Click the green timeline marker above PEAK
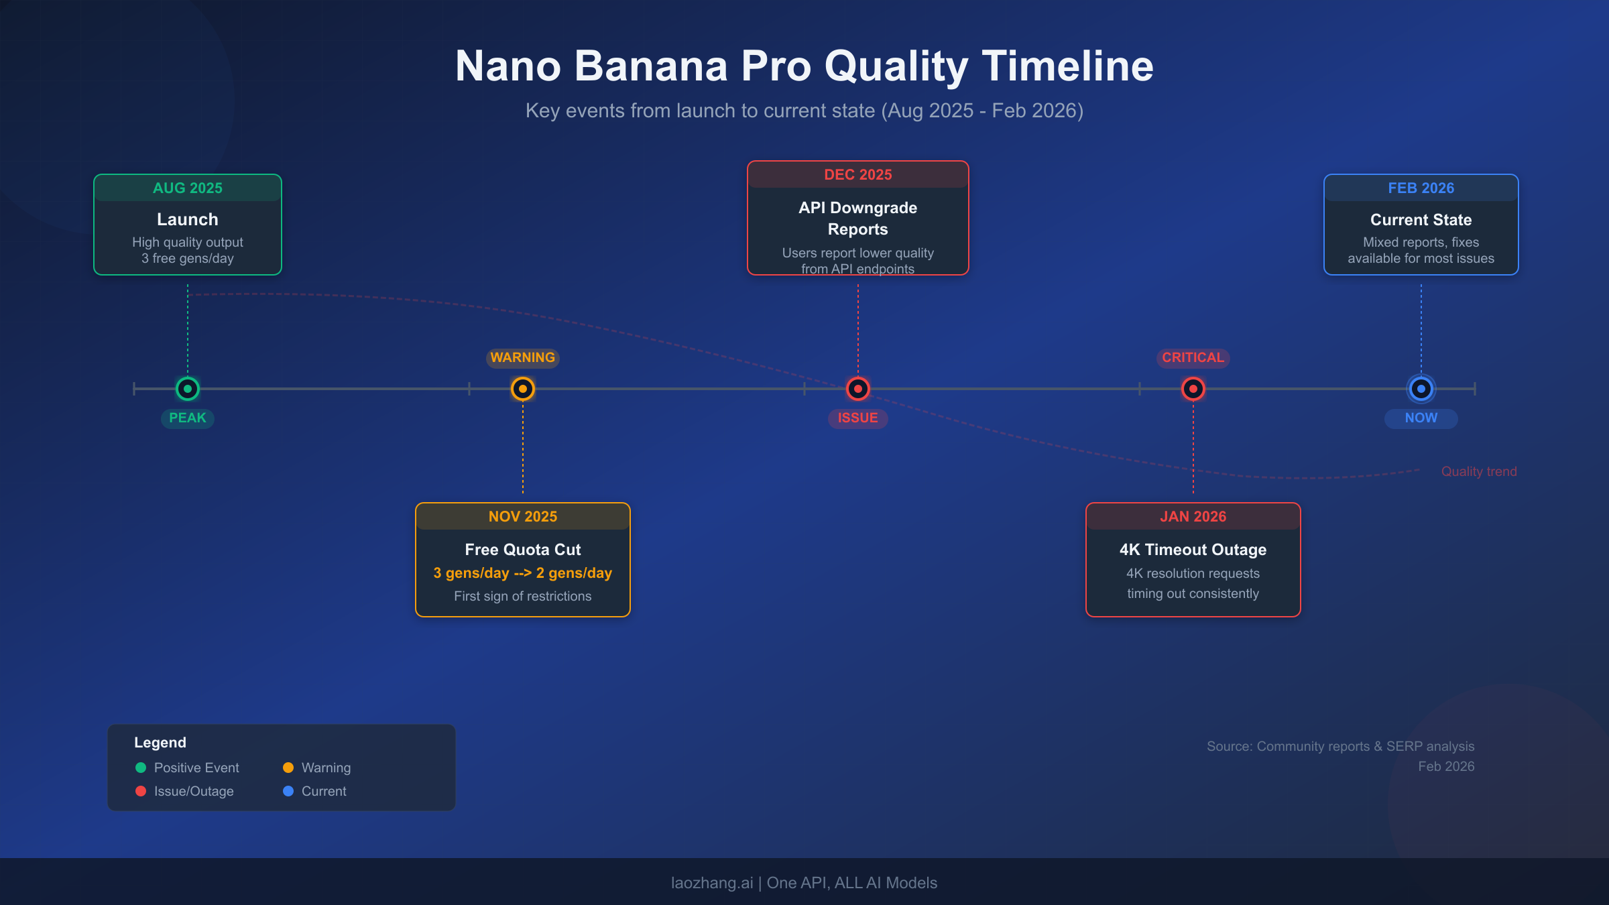coord(188,389)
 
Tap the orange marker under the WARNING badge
coord(523,389)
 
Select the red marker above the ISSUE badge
coord(858,389)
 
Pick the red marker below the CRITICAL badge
coord(1193,389)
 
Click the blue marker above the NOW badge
coord(1421,389)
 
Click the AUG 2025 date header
coord(188,188)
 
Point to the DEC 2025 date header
coord(858,175)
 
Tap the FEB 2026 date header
coord(1421,188)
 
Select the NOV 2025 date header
coord(523,517)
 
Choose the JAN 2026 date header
coord(1193,517)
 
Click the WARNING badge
coord(523,358)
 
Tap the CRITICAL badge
coord(1193,358)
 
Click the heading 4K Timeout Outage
coord(1193,550)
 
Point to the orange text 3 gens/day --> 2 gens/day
coord(523,573)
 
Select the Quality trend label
coord(1479,472)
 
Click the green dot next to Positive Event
coord(141,768)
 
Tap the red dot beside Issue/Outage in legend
coord(141,792)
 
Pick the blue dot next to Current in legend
coord(288,792)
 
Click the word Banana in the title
coord(650,66)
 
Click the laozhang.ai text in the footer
coord(712,884)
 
